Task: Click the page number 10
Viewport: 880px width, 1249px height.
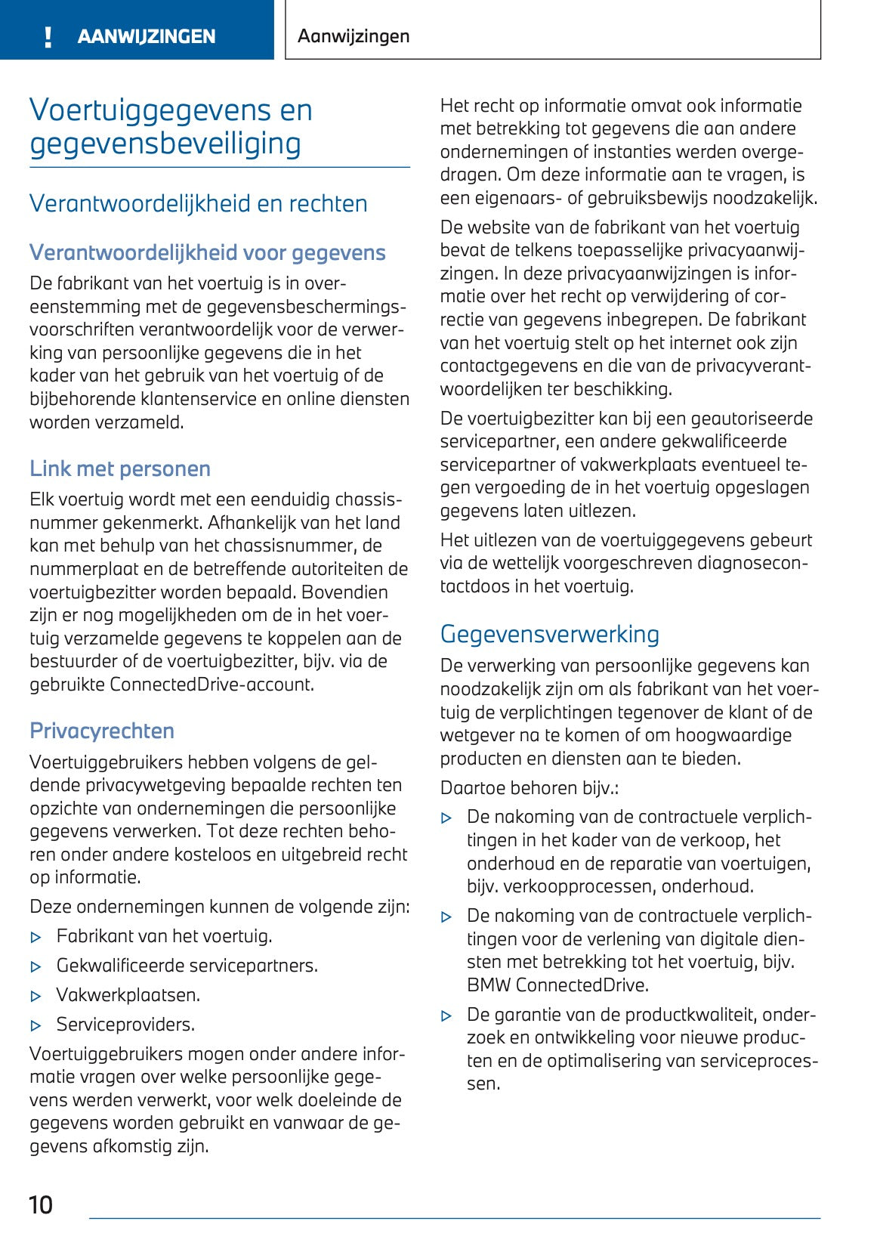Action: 41,1204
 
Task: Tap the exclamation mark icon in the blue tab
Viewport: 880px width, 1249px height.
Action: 48,37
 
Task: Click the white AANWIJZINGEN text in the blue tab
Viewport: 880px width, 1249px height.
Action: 147,37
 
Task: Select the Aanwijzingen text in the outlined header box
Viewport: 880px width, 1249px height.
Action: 354,36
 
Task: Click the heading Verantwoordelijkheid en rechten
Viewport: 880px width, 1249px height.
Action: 198,204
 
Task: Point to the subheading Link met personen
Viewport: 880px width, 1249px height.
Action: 120,469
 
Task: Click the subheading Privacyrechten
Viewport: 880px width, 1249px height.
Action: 102,731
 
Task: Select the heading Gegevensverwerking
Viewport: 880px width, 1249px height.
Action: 549,635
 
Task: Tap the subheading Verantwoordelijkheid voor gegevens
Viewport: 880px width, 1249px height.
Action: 207,253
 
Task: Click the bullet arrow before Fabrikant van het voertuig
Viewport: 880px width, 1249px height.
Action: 36,938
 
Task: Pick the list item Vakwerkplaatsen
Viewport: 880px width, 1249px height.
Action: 128,995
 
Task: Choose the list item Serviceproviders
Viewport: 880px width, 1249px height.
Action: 125,1025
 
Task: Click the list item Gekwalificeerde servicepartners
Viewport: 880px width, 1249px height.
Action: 187,966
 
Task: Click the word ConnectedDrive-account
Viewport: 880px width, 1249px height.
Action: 212,685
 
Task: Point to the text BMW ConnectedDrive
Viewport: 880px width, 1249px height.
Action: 557,985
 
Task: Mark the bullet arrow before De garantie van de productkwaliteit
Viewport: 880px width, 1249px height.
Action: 446,1016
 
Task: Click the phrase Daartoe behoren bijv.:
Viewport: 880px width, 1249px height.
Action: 530,788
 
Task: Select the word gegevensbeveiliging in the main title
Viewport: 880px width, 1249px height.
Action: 165,144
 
